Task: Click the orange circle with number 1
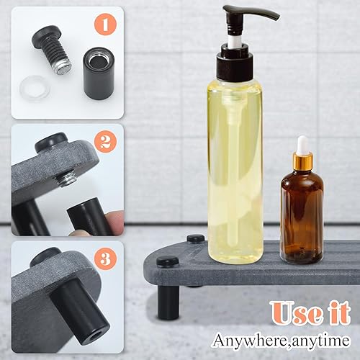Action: tap(104, 26)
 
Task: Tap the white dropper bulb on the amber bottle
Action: tap(302, 144)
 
